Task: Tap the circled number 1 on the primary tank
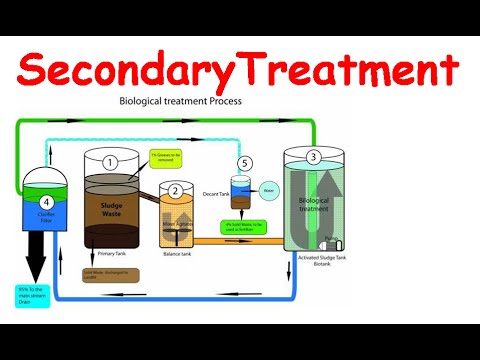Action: [x=111, y=161]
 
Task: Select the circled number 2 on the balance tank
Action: [x=176, y=191]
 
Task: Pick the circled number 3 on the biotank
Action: [x=313, y=157]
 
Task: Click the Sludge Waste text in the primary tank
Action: [x=111, y=211]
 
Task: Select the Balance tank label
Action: [x=180, y=254]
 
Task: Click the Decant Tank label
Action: [x=217, y=193]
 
